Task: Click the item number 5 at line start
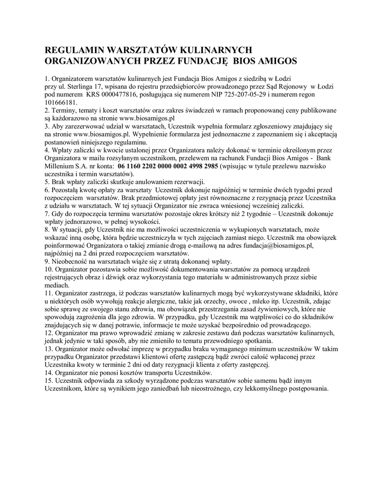click(47, 181)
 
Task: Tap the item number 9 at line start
click(47, 261)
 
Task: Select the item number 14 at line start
click(48, 372)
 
